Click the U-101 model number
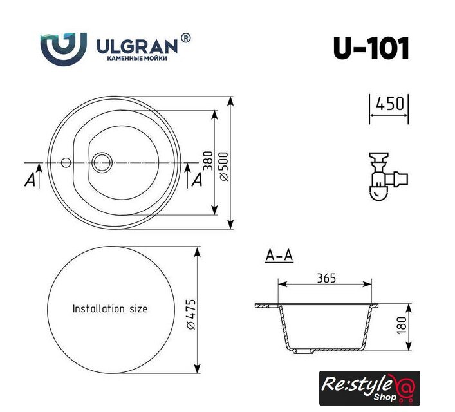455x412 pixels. point(371,48)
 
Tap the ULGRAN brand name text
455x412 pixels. point(137,47)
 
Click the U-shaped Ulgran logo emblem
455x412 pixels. point(64,49)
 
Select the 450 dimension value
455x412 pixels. point(390,104)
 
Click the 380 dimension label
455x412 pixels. point(208,160)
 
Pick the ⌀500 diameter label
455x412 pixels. point(225,166)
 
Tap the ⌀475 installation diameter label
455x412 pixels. point(190,315)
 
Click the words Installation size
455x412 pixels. point(110,308)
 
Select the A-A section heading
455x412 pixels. point(279,256)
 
